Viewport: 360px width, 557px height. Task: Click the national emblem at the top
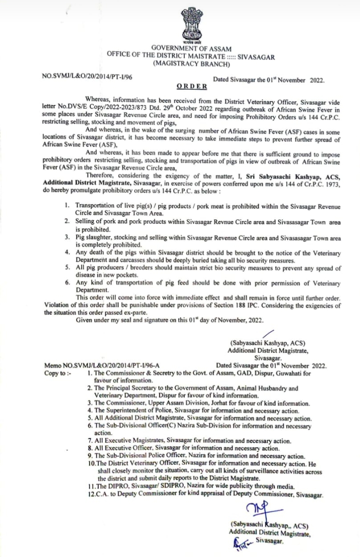(x=192, y=24)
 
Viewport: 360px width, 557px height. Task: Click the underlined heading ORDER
(x=192, y=86)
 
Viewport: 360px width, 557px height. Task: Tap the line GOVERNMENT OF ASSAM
(x=191, y=48)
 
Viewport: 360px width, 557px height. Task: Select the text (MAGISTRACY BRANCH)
(x=191, y=64)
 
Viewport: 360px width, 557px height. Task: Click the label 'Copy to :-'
(x=58, y=373)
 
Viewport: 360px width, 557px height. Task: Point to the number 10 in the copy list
(x=91, y=463)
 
